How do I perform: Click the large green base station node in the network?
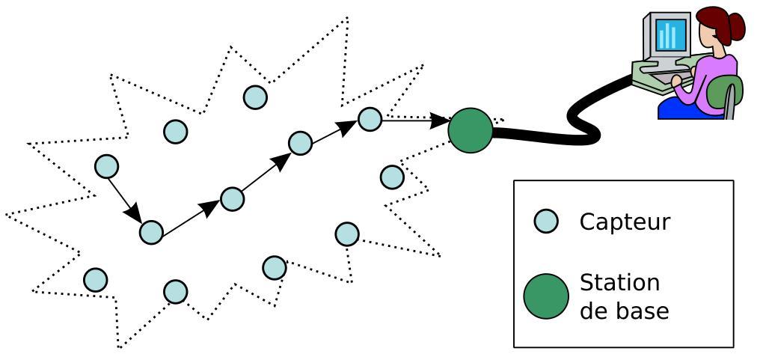coord(471,130)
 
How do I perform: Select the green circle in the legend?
coord(546,296)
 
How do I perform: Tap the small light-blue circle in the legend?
coord(546,222)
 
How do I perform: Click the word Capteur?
coord(625,222)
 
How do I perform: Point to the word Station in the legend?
coord(620,283)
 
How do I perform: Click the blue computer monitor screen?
coord(668,34)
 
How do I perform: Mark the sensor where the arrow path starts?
coord(106,166)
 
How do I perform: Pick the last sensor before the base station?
coord(370,118)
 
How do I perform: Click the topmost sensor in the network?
coord(256,97)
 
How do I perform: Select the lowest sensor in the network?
coord(175,291)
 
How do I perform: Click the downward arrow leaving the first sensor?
coord(124,201)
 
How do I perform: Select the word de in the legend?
coord(593,310)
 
